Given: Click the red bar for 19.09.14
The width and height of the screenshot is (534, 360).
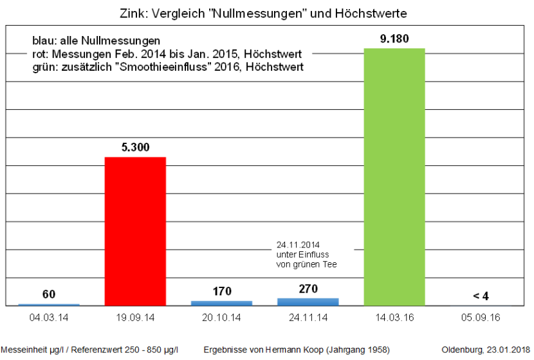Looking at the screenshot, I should [x=135, y=231].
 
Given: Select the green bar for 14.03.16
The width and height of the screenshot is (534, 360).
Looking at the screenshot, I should [x=394, y=177].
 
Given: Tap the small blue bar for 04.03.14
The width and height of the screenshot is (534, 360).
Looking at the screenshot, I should [x=49, y=305].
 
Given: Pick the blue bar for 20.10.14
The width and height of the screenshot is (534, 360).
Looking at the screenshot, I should [x=221, y=303].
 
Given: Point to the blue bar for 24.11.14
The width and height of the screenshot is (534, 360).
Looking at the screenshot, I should [x=308, y=301].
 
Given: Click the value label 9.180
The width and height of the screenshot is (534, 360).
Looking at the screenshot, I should [x=394, y=39].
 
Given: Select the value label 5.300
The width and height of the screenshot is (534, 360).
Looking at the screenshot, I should [x=135, y=147].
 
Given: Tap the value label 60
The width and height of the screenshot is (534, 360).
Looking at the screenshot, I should [x=49, y=294].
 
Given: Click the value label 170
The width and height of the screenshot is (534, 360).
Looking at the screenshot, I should [x=221, y=291].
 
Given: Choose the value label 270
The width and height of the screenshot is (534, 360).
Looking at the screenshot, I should [x=308, y=289].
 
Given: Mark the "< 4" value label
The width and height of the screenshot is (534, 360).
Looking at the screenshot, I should [x=481, y=296].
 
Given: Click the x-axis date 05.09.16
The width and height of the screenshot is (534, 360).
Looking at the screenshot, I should [x=481, y=318].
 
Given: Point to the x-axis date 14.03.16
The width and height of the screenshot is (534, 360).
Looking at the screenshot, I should [x=394, y=318].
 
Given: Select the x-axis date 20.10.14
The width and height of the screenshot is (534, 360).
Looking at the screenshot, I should [x=221, y=318].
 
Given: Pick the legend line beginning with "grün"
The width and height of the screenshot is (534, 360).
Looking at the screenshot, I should [x=167, y=67].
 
